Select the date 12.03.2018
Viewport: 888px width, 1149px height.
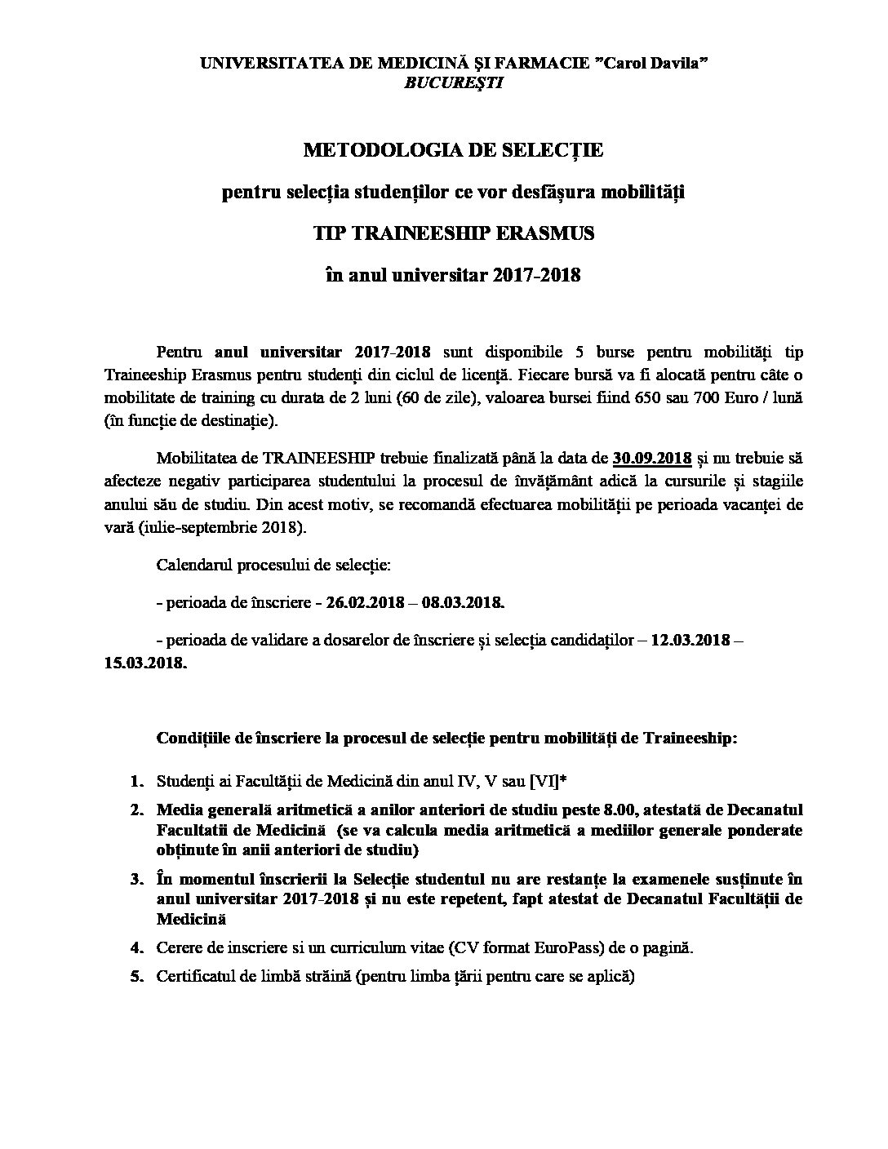coord(690,641)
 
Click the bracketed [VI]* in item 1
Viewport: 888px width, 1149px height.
coord(548,782)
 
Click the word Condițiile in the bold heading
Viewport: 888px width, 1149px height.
coord(193,738)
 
